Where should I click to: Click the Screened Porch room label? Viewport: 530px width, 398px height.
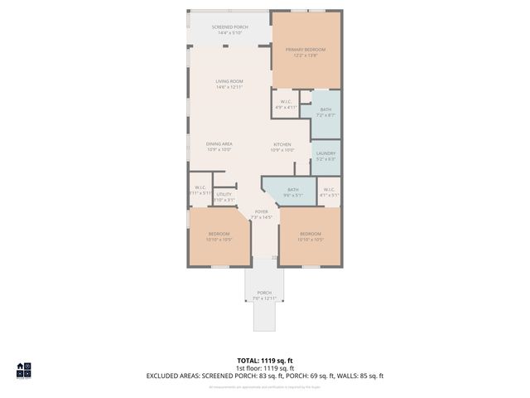click(x=230, y=30)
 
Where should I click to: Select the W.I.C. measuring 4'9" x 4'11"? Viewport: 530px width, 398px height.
click(x=286, y=104)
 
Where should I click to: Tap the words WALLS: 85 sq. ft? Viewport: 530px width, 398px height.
click(x=359, y=376)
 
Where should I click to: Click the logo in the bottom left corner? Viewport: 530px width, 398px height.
click(x=24, y=371)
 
